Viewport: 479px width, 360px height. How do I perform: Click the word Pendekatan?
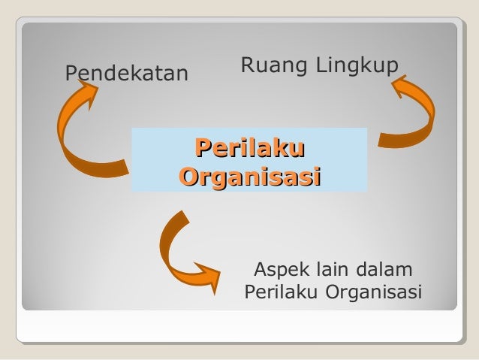(x=126, y=73)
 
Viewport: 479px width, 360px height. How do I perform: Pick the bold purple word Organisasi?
(x=250, y=177)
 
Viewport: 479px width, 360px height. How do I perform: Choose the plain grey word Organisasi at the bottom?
(x=373, y=291)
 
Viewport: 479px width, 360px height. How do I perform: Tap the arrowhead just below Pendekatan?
(x=86, y=94)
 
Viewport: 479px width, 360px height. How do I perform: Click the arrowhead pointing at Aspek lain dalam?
(x=209, y=271)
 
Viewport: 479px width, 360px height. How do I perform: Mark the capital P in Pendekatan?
(x=72, y=73)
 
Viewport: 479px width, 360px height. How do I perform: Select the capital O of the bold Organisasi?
(x=190, y=177)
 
